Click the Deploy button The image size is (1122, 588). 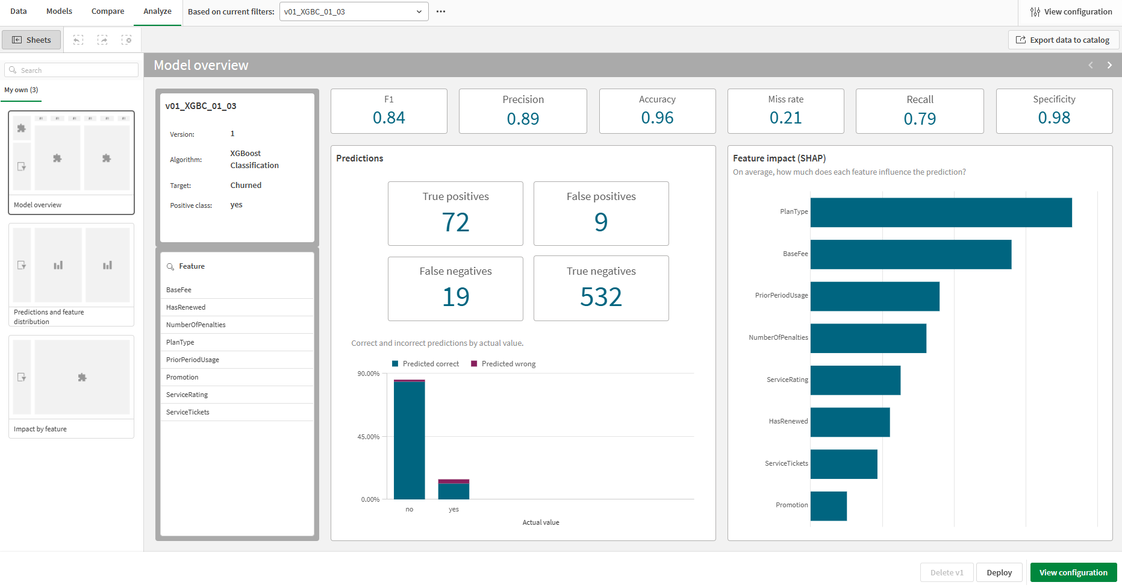tap(999, 572)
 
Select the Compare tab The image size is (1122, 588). tap(108, 11)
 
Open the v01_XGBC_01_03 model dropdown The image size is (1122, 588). tap(354, 11)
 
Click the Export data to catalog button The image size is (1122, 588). tap(1063, 40)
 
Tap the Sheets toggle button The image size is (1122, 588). tap(32, 40)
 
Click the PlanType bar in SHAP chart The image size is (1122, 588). tap(941, 212)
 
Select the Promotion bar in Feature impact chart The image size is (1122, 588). tap(828, 505)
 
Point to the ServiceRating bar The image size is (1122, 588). tap(855, 380)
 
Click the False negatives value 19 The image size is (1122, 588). tap(456, 297)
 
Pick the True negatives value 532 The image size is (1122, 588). tap(600, 297)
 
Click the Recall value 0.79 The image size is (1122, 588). tap(920, 119)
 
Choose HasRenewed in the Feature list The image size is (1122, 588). tap(186, 307)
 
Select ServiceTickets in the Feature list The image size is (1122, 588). tap(188, 412)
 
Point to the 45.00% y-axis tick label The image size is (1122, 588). tap(369, 437)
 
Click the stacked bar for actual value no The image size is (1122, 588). tap(409, 440)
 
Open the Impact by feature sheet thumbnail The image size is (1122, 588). tap(71, 386)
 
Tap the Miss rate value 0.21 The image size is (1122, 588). tap(785, 118)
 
